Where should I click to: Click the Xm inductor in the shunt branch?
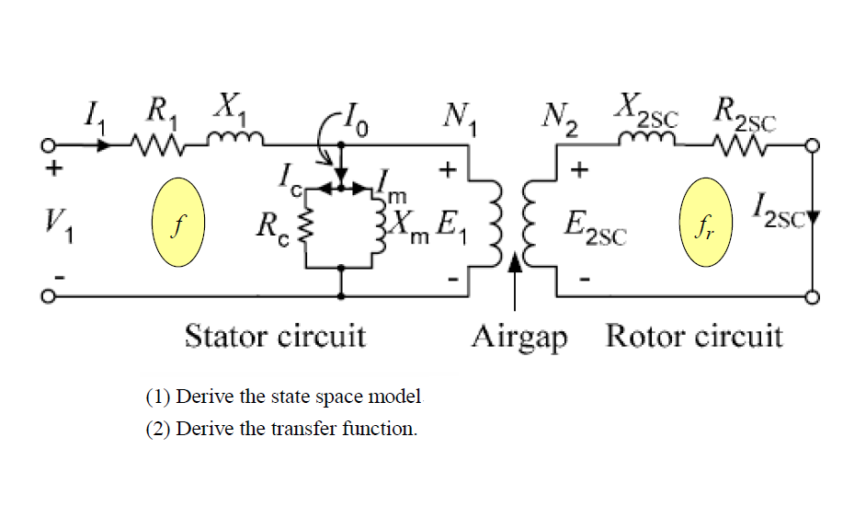pyautogui.click(x=378, y=225)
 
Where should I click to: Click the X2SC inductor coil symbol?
pyautogui.click(x=648, y=141)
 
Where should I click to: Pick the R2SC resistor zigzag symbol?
pyautogui.click(x=744, y=145)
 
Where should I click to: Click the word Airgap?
pyautogui.click(x=519, y=337)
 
